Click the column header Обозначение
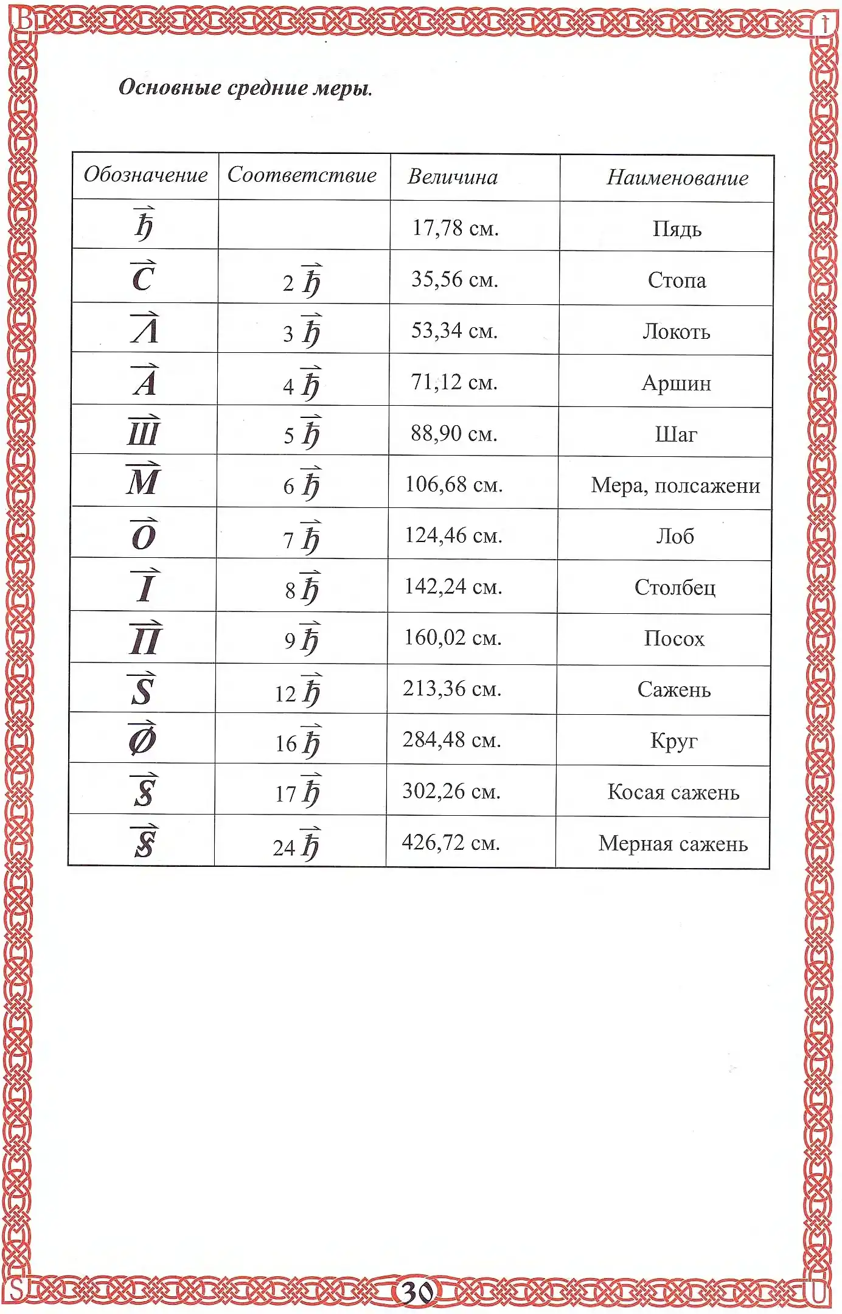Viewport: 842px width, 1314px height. point(145,175)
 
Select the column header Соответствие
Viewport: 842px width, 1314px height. point(302,175)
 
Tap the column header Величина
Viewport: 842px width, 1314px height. point(453,177)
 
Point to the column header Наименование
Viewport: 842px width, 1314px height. point(677,178)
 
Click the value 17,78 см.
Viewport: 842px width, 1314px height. point(455,228)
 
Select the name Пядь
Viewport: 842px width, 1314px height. point(677,229)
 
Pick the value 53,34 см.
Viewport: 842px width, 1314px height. point(454,331)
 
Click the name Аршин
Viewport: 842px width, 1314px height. point(676,384)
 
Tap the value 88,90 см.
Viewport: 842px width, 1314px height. point(454,434)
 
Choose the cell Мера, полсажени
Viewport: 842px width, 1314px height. point(675,486)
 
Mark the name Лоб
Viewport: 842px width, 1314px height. point(675,537)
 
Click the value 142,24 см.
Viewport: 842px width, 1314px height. point(453,587)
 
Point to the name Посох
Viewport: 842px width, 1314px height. point(674,639)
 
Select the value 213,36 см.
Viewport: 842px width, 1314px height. point(452,689)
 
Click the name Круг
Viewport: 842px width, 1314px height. point(673,741)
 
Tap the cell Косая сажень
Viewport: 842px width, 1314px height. point(673,793)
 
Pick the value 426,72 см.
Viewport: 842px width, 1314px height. point(451,843)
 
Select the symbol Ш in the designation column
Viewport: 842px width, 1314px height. point(144,432)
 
